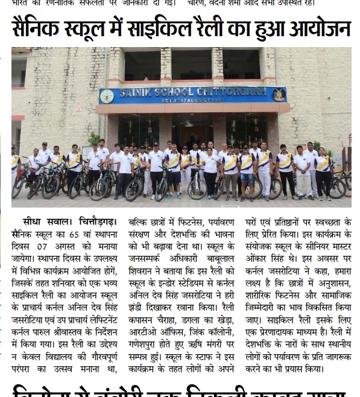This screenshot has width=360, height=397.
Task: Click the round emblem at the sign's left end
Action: [x=107, y=96]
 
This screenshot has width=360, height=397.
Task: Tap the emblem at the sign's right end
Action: [x=279, y=94]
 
